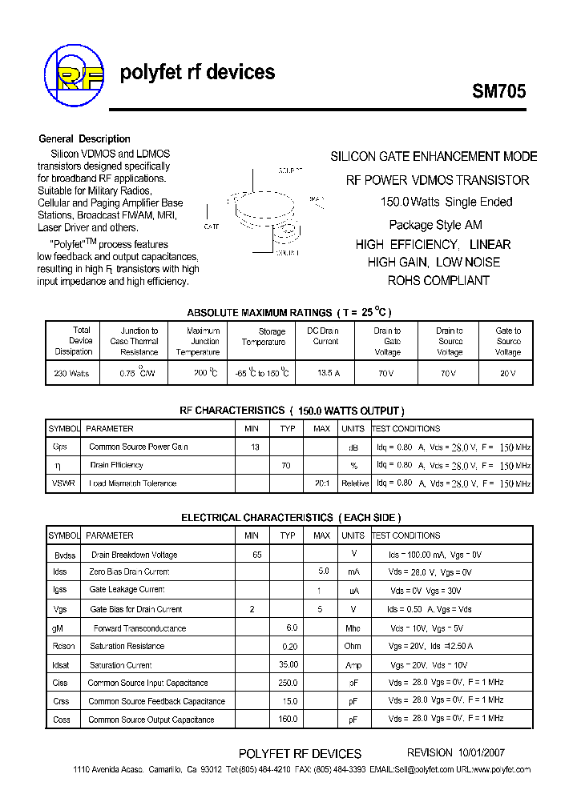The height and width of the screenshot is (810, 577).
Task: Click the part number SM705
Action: pyautogui.click(x=498, y=91)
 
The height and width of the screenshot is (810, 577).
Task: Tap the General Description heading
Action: pyautogui.click(x=84, y=138)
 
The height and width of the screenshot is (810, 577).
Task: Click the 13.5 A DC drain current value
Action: pyautogui.click(x=324, y=374)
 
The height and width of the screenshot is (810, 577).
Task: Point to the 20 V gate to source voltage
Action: pyautogui.click(x=508, y=374)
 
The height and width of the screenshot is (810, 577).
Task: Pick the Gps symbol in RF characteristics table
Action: pyautogui.click(x=60, y=447)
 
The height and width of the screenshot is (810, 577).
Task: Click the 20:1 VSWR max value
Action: pyautogui.click(x=322, y=483)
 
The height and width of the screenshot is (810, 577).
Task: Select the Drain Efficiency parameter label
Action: pyautogui.click(x=117, y=465)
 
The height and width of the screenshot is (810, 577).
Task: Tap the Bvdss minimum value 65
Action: pyautogui.click(x=256, y=554)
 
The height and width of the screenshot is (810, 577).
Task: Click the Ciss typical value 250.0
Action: pyautogui.click(x=288, y=683)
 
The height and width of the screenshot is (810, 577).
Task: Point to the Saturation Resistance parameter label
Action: pyautogui.click(x=127, y=646)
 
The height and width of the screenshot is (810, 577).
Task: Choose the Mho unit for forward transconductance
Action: pyautogui.click(x=353, y=628)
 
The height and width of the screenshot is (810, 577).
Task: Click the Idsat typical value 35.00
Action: pyautogui.click(x=288, y=664)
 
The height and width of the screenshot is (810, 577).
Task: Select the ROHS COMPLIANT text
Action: pyautogui.click(x=438, y=280)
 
